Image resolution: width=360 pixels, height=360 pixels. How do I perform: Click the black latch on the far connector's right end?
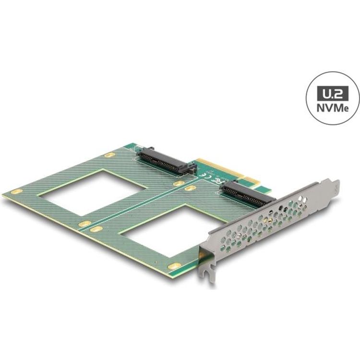point(190,168)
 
